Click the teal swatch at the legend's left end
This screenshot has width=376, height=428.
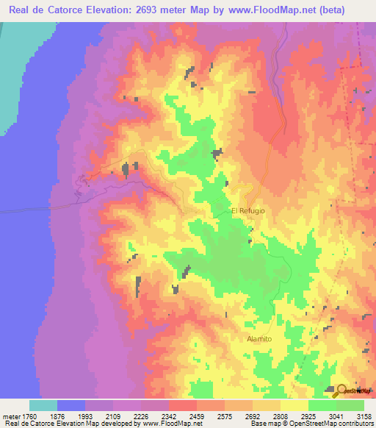tap(43, 405)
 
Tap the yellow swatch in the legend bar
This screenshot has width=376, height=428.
tap(294, 405)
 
